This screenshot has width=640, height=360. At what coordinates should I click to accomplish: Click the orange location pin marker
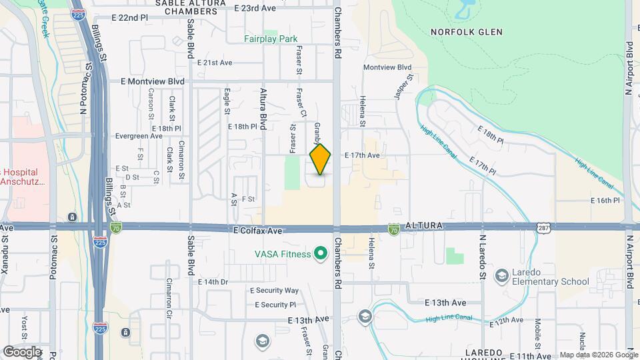point(320,159)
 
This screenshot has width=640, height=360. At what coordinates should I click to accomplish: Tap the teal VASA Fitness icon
point(321,253)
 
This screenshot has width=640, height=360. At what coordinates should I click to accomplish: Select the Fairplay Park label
point(271,39)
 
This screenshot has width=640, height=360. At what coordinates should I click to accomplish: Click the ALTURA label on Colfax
point(423,226)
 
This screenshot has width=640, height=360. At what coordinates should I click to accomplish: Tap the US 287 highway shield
point(543,228)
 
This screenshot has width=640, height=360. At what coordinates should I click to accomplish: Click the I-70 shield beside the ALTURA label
point(394,229)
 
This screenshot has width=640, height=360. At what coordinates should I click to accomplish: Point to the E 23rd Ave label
point(255,8)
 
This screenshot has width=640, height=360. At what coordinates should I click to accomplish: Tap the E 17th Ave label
point(362,155)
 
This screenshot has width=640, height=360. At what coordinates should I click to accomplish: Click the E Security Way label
point(274,291)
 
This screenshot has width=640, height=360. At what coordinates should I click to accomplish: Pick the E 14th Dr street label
point(213,282)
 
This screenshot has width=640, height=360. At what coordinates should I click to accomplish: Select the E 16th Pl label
point(605,200)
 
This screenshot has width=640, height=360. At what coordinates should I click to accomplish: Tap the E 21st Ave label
point(215,63)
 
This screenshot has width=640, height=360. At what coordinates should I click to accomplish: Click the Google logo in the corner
point(22,351)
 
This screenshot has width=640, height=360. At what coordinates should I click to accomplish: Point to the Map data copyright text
point(598,355)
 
